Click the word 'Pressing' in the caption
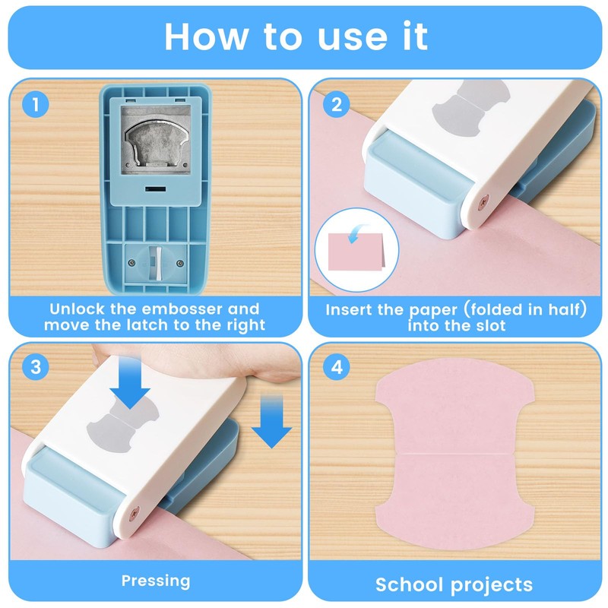tap(156, 581)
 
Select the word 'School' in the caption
tap(411, 584)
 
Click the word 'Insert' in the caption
tap(353, 310)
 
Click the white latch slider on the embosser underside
tap(156, 262)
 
